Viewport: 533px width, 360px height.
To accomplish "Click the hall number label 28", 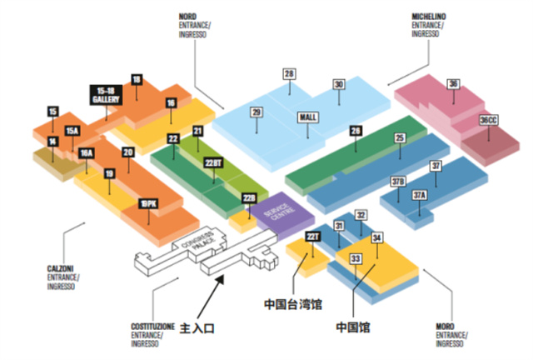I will tap(290, 75).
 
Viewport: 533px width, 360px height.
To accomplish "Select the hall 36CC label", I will tap(489, 121).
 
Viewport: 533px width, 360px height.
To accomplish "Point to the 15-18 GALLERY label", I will tap(106, 95).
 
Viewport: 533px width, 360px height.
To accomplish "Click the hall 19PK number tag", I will tap(148, 203).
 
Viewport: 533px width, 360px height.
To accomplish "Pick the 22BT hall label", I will tap(213, 162).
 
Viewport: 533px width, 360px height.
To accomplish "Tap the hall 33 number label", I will tap(356, 259).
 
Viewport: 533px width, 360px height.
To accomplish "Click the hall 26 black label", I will tap(356, 131).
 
